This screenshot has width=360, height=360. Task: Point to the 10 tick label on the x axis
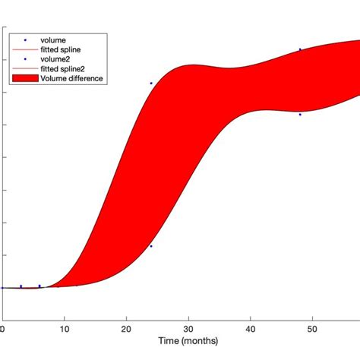pos(64,328)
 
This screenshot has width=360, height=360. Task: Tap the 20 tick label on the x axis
pos(125,328)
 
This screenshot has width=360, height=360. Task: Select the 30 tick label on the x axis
pos(188,328)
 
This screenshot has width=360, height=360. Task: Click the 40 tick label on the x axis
pos(250,328)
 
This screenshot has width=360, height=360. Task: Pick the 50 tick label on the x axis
pos(312,328)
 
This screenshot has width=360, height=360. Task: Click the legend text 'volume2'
pos(55,58)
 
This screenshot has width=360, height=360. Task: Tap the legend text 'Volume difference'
pos(72,78)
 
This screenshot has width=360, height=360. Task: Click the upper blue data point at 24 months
pos(151,84)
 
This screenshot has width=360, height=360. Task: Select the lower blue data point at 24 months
pos(151,246)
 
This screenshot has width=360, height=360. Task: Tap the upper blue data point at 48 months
pos(300,49)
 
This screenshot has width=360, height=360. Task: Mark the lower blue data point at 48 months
pos(300,115)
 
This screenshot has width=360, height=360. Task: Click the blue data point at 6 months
pos(39,286)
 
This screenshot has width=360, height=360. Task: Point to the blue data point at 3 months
pos(21,286)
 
